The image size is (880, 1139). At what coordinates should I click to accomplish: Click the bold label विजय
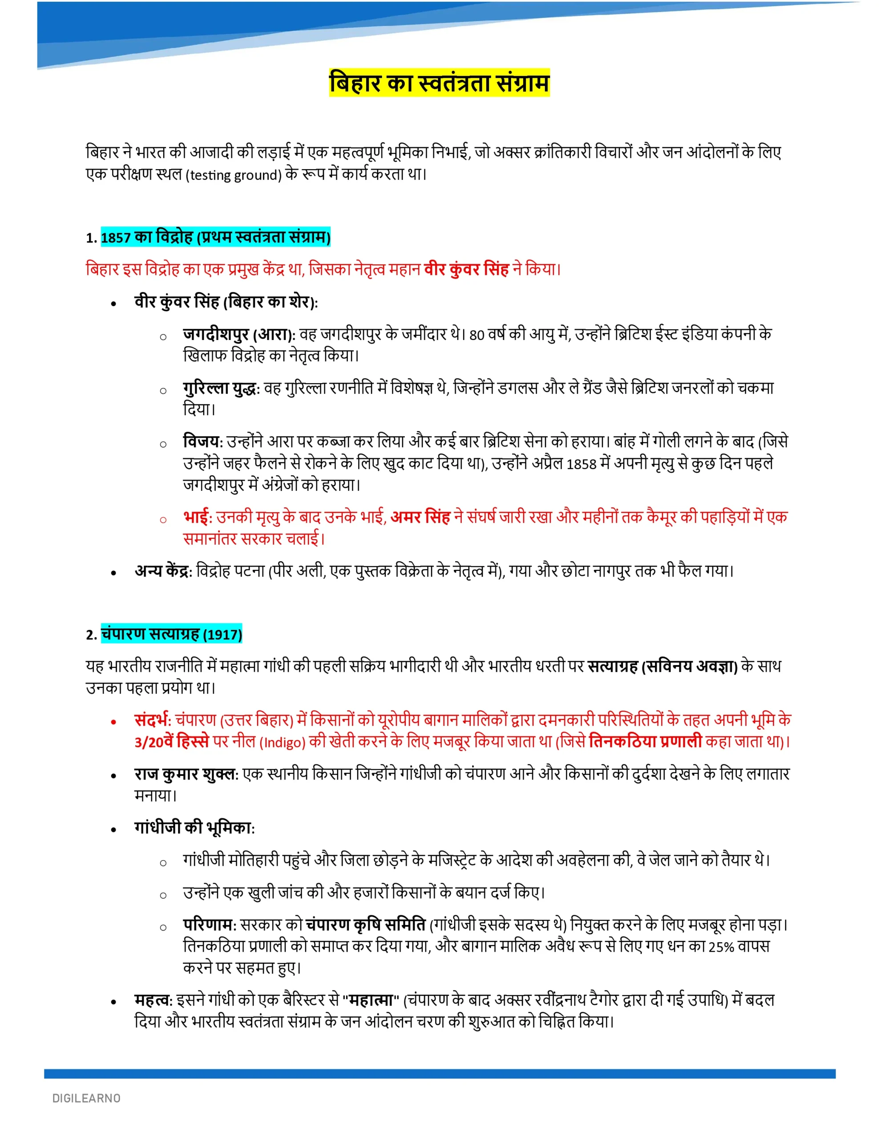pos(202,442)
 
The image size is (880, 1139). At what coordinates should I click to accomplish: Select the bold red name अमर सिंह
pos(420,517)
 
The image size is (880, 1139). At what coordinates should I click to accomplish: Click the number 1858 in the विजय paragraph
pos(581,464)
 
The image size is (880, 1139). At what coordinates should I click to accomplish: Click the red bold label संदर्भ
pos(152,720)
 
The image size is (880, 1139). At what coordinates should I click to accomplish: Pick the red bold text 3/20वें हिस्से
pos(172,742)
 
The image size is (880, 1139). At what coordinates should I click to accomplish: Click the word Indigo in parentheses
pos(282,743)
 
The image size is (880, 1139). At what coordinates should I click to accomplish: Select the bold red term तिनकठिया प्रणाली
pos(645,742)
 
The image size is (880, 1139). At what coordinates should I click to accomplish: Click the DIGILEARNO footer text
pos(87,1099)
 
